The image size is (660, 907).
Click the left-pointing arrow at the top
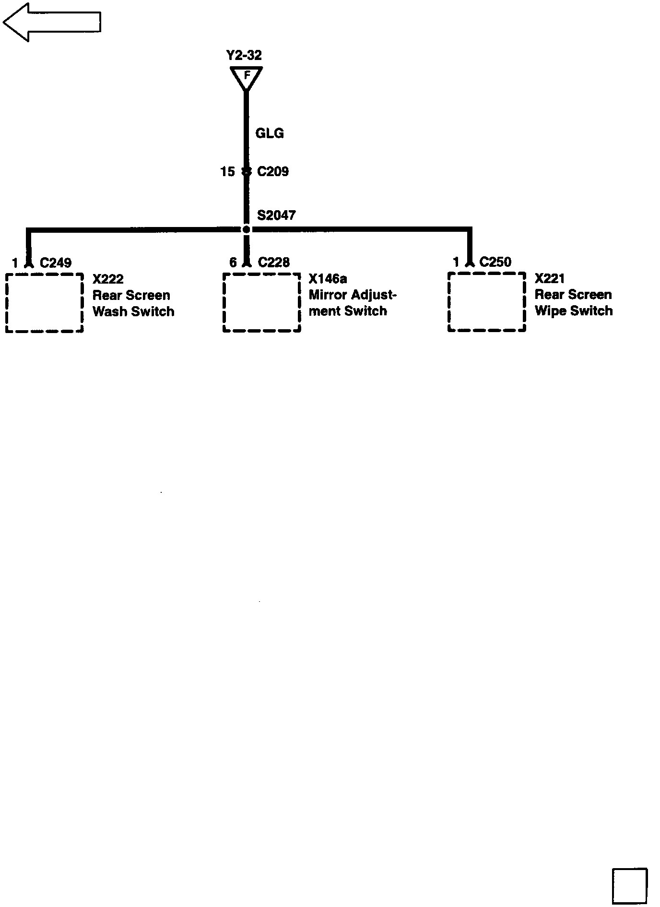[x=52, y=22]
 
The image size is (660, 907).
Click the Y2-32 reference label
[x=244, y=56]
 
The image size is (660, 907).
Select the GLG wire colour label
[x=270, y=133]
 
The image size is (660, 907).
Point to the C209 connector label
[x=273, y=171]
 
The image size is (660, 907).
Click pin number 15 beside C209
[x=227, y=171]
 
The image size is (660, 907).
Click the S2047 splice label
[x=276, y=215]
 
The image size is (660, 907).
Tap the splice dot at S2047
[x=247, y=229]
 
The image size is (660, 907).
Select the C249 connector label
[x=56, y=263]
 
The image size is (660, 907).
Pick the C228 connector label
[x=274, y=262]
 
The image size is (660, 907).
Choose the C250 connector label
[x=495, y=262]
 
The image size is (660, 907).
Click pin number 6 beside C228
[x=233, y=262]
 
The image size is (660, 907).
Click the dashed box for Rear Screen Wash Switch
[x=45, y=303]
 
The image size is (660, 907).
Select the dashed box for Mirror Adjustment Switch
[x=262, y=302]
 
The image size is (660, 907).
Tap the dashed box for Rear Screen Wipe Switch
[x=487, y=302]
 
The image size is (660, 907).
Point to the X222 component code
[x=108, y=279]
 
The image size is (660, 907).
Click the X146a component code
[x=328, y=278]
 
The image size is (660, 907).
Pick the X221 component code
[x=550, y=278]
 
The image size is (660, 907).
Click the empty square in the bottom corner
[x=629, y=885]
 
